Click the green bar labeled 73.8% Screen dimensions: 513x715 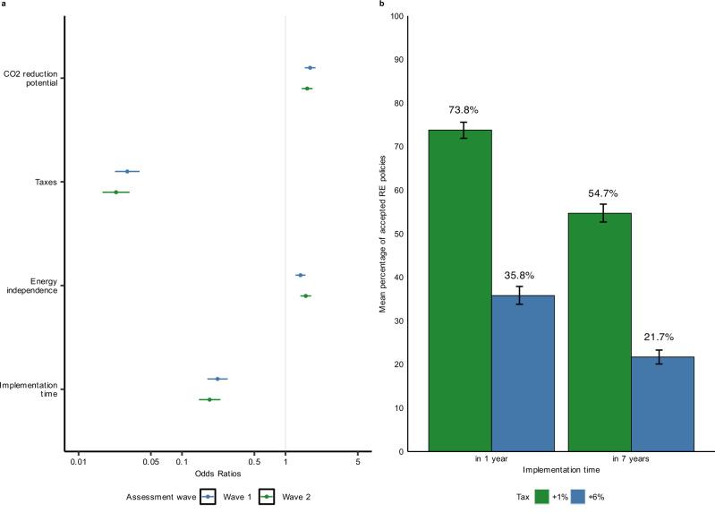tap(460, 290)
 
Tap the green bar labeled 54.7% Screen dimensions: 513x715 tap(600, 331)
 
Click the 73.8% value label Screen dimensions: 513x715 tap(464, 110)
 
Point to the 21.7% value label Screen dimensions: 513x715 tap(659, 337)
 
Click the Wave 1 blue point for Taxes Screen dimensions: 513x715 tap(127, 171)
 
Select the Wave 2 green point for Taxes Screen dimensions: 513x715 tap(115, 192)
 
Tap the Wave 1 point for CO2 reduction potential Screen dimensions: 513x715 tap(310, 68)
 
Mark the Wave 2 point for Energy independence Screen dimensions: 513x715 tap(305, 295)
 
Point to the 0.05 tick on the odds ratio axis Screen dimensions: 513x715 tap(150, 463)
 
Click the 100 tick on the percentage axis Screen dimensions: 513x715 tap(397, 17)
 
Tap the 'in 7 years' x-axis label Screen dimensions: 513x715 tap(630, 459)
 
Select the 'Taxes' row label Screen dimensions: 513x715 tap(46, 182)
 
